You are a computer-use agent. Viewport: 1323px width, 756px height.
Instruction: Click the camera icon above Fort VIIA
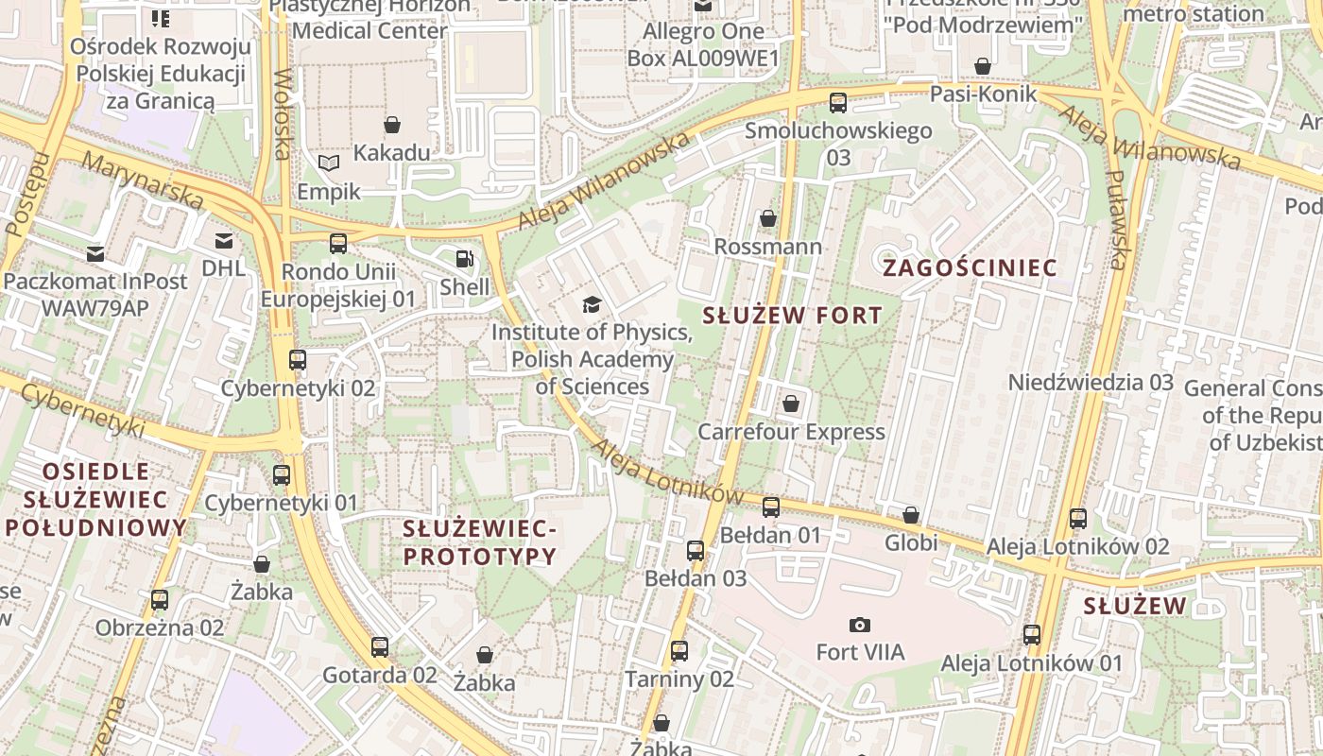(x=859, y=625)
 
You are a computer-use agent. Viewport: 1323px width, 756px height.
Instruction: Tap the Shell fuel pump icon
(x=464, y=258)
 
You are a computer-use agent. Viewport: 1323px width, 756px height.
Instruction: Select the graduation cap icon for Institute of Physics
(x=592, y=304)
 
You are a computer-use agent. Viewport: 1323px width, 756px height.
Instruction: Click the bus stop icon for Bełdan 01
(x=771, y=507)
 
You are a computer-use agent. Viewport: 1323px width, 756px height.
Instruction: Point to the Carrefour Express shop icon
(x=791, y=404)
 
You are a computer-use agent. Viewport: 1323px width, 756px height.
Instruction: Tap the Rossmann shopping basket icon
(x=767, y=218)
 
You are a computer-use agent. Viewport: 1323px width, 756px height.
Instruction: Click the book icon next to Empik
(x=328, y=163)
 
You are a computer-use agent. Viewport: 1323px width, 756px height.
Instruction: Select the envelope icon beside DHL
(x=223, y=241)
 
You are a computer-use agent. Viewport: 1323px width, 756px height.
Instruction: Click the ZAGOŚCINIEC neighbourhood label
(x=970, y=268)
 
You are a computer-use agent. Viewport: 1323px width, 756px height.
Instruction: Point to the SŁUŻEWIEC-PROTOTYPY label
(x=479, y=542)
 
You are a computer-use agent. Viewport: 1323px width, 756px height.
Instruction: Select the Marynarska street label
(x=142, y=180)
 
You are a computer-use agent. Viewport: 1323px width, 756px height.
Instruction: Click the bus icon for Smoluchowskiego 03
(x=837, y=103)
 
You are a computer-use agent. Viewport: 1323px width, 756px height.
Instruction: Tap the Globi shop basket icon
(x=910, y=515)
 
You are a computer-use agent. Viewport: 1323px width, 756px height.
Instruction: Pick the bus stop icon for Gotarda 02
(x=379, y=647)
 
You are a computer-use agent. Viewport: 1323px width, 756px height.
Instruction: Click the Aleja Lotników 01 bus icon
(x=1031, y=635)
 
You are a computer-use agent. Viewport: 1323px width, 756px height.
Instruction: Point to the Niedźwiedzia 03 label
(x=1091, y=383)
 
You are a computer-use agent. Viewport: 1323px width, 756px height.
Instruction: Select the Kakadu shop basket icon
(x=391, y=125)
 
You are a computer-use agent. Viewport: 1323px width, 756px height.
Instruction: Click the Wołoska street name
(x=281, y=113)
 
